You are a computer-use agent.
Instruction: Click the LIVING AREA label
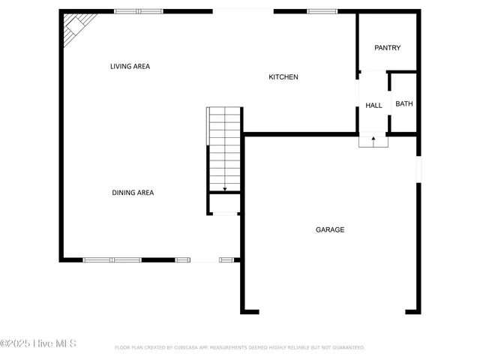coord(130,67)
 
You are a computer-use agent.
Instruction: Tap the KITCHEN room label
coord(283,77)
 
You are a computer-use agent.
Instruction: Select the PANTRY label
coord(387,48)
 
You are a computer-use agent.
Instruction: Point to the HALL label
coord(373,106)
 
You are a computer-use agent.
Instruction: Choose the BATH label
coord(403,104)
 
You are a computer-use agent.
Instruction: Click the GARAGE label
coord(329,229)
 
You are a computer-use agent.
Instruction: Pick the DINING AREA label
coord(133,193)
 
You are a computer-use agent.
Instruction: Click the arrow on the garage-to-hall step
coord(373,139)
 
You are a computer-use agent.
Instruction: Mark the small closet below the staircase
coord(224,203)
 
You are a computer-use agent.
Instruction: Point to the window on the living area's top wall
coord(138,11)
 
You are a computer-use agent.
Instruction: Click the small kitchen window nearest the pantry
coord(322,11)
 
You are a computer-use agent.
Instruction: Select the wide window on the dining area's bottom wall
coord(112,260)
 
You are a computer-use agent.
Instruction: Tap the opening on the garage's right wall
coord(418,169)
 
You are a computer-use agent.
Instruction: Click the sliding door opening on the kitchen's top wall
coord(243,11)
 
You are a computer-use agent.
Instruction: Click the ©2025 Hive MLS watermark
coord(38,344)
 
